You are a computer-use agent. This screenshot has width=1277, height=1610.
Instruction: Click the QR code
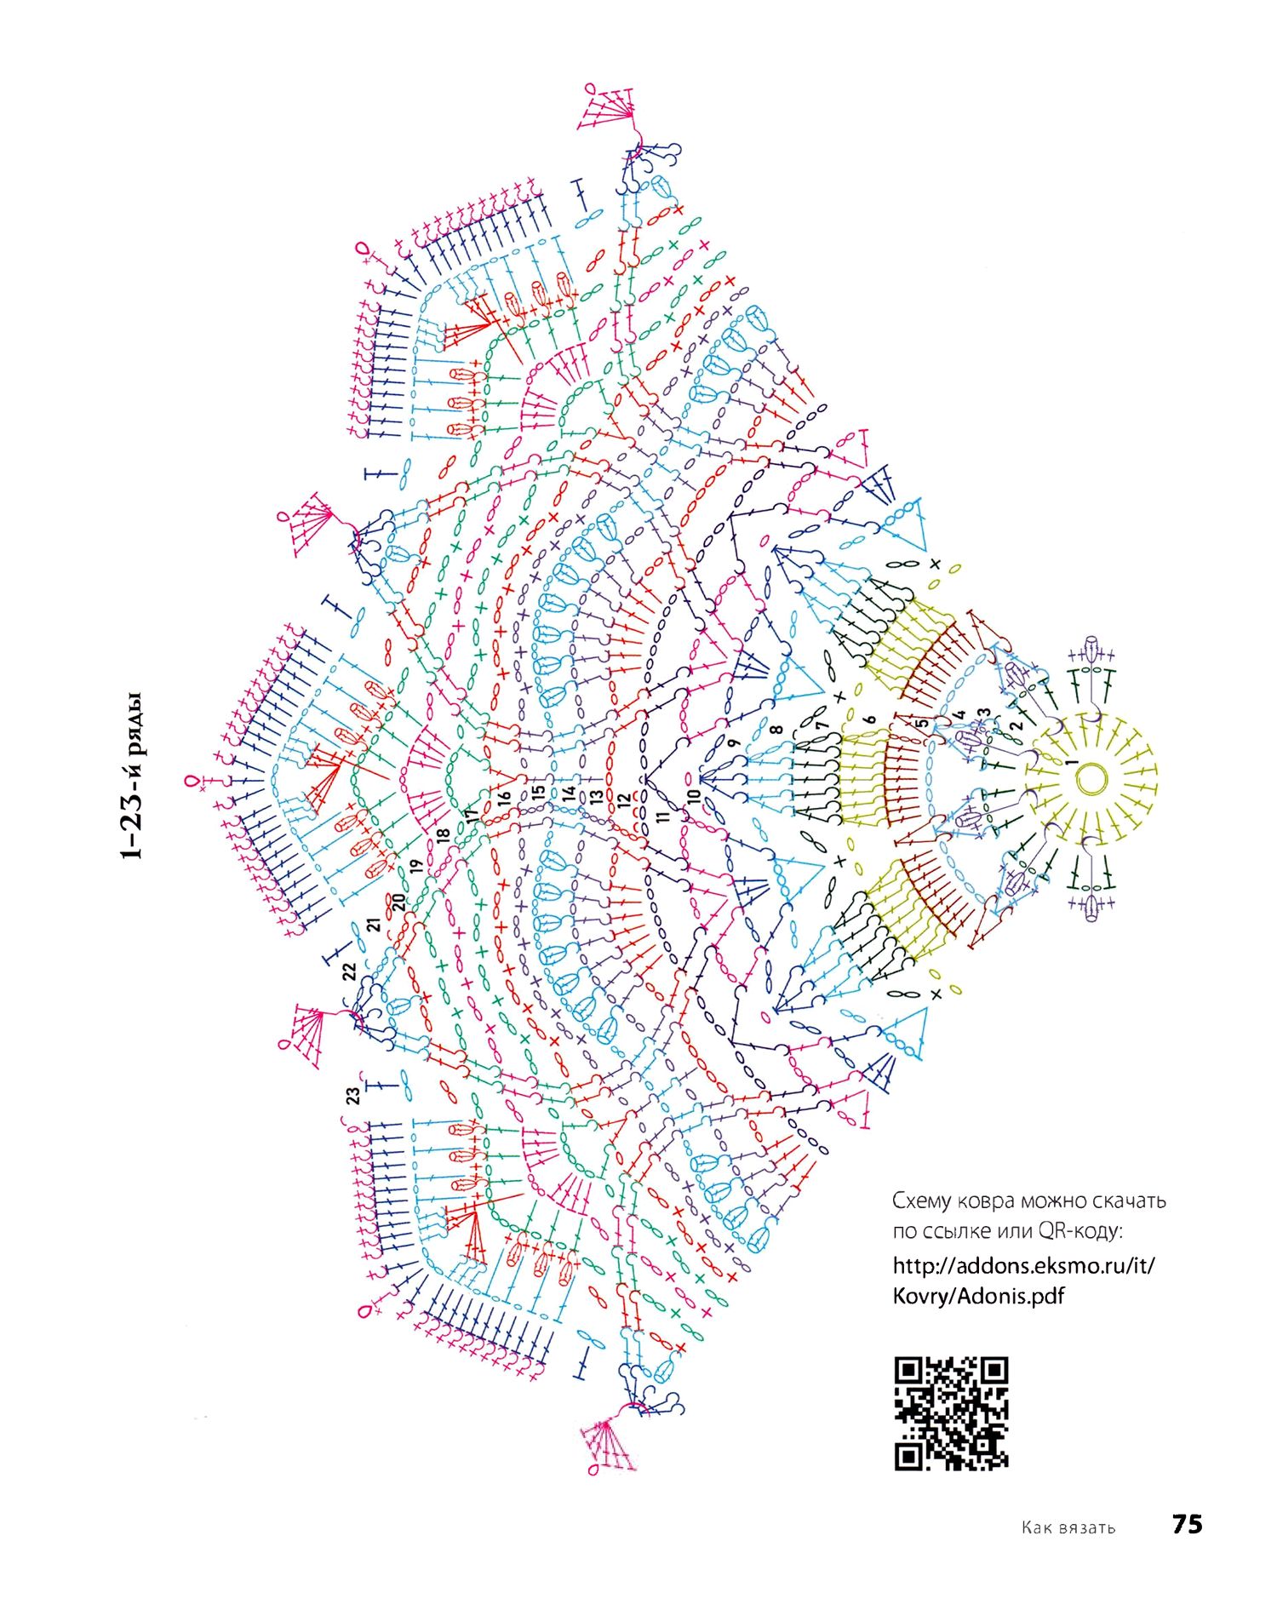[951, 1413]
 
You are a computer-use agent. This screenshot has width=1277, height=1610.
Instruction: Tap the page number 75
[1187, 1523]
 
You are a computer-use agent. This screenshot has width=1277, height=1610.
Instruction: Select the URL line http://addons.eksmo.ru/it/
[1023, 1265]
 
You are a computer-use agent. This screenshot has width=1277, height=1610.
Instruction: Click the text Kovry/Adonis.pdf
[978, 1297]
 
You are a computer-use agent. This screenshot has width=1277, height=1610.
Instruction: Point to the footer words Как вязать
[1068, 1527]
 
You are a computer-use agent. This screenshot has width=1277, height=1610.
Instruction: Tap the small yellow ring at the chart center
[1091, 776]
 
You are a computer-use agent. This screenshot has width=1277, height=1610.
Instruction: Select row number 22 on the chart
[349, 971]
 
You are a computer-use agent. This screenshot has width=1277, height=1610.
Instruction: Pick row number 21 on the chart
[373, 926]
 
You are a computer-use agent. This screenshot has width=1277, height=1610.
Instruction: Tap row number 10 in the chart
[694, 796]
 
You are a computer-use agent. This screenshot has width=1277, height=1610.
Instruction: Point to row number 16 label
[504, 799]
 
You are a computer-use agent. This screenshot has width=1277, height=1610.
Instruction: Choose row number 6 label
[870, 719]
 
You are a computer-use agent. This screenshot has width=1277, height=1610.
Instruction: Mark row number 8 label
[776, 730]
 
